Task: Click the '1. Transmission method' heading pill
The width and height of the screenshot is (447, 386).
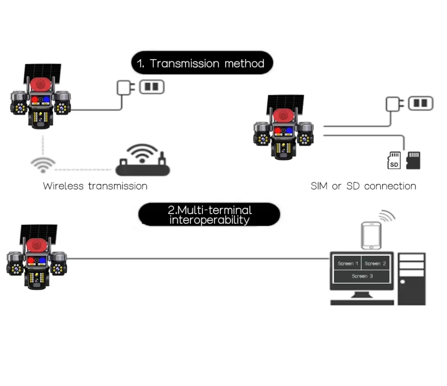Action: coord(202,63)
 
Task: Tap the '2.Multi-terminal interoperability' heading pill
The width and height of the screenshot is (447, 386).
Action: coord(209,214)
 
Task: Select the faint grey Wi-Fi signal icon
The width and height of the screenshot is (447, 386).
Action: coord(43,165)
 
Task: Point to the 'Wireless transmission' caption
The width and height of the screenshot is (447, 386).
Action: coord(95,186)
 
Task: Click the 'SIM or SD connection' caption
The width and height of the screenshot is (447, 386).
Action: coord(363,186)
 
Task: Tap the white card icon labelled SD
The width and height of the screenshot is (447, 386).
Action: coord(394,160)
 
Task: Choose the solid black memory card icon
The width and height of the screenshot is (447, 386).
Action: coord(413,160)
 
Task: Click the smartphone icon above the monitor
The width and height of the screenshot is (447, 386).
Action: coord(371,236)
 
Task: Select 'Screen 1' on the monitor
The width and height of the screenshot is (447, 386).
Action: coord(348,263)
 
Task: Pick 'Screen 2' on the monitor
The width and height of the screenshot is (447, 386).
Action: coord(375,263)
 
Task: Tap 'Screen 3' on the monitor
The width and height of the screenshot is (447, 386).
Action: coord(362,276)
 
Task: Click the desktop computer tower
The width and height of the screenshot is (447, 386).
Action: coord(412,279)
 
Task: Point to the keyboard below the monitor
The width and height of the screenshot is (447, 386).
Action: coord(362,303)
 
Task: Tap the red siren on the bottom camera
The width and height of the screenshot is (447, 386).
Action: coord(37,245)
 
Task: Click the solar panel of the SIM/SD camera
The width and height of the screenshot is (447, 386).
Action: coord(285,104)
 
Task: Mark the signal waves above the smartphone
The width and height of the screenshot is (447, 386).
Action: coord(387,216)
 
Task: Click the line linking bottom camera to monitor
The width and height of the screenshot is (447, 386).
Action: coord(198,259)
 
